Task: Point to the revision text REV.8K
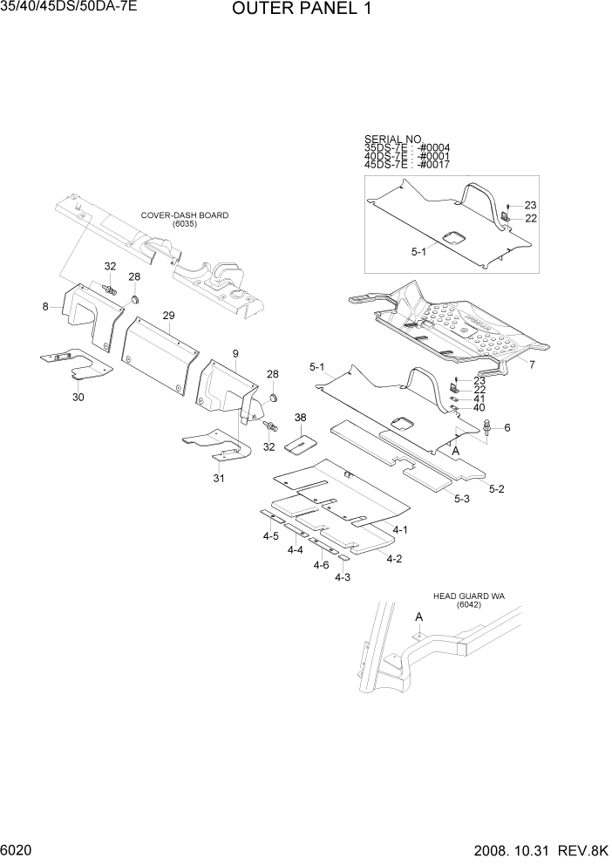coord(583,850)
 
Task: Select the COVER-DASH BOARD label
coord(185,215)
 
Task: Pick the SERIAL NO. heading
coord(393,140)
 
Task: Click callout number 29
coord(169,315)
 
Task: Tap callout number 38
coord(301,418)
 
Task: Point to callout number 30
coord(78,397)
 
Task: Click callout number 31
coord(219,479)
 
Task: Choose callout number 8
coord(44,306)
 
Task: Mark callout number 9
coord(235,352)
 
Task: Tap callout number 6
coord(507,427)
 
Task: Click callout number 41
coord(479,398)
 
